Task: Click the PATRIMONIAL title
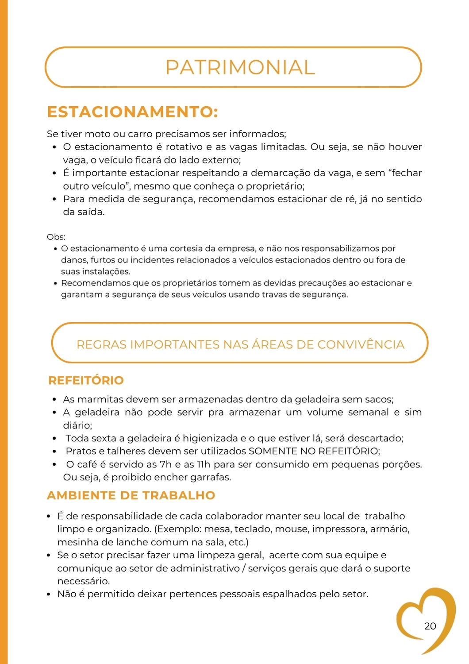[240, 67]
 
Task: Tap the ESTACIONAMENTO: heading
[132, 112]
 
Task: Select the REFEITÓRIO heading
[86, 380]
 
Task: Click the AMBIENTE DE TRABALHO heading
[131, 495]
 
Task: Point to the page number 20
[430, 626]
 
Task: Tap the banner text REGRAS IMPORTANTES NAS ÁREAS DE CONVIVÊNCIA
[240, 344]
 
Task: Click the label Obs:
[56, 237]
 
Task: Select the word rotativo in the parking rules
[183, 147]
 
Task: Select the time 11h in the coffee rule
[204, 464]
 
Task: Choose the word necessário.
[84, 581]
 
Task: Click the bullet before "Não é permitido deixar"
[48, 595]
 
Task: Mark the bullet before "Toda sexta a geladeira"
[54, 439]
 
